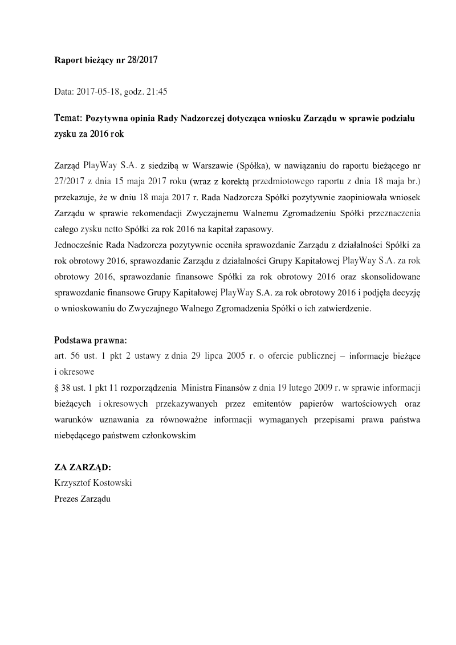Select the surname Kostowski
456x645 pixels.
[116, 482]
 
